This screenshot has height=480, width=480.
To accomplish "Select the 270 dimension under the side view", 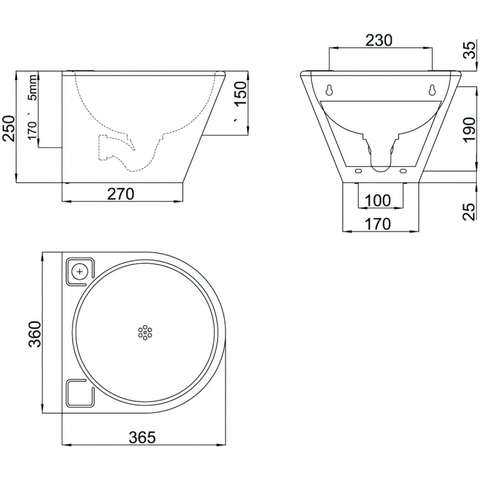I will click(x=122, y=193).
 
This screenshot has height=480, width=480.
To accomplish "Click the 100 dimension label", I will click(x=378, y=200).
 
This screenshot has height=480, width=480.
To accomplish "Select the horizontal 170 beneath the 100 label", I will click(x=378, y=224).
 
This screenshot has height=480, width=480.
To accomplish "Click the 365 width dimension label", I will click(x=144, y=437).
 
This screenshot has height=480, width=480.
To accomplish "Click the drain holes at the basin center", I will click(x=144, y=332).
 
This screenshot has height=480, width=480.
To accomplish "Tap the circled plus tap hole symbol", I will click(x=79, y=271).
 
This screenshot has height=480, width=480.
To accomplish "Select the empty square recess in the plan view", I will click(x=78, y=393).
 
